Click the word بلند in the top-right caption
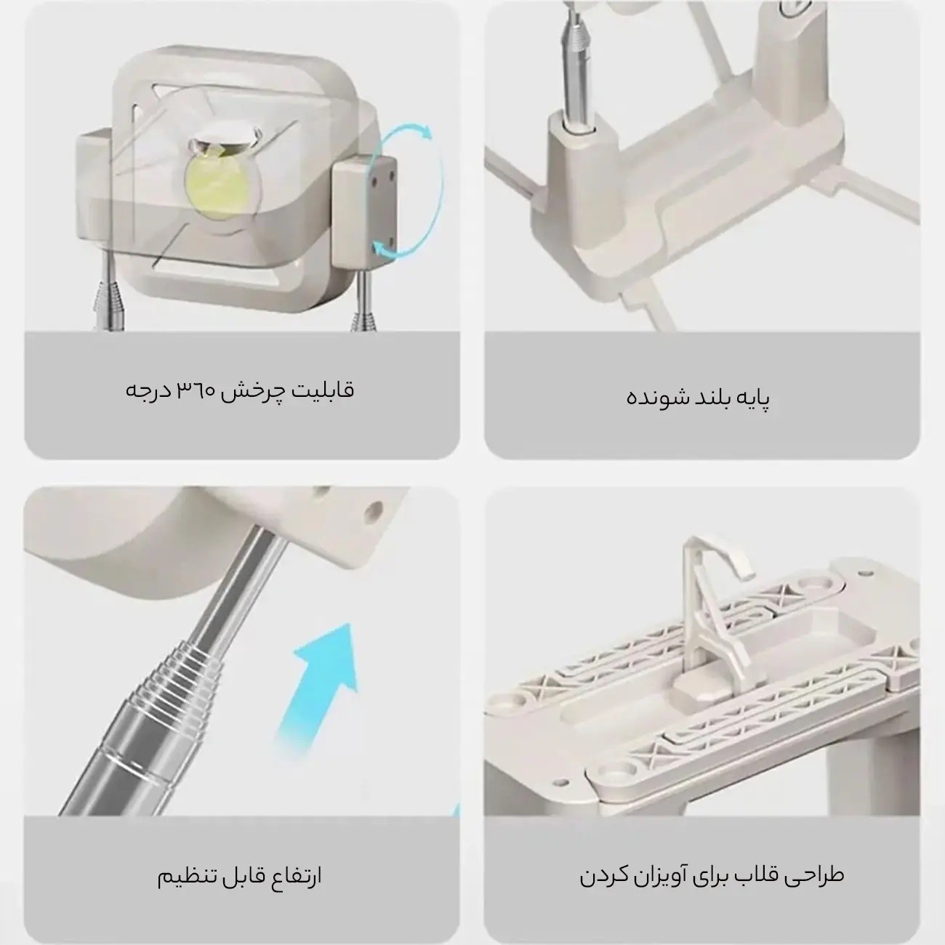click(x=703, y=399)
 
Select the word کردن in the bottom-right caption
click(x=603, y=875)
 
